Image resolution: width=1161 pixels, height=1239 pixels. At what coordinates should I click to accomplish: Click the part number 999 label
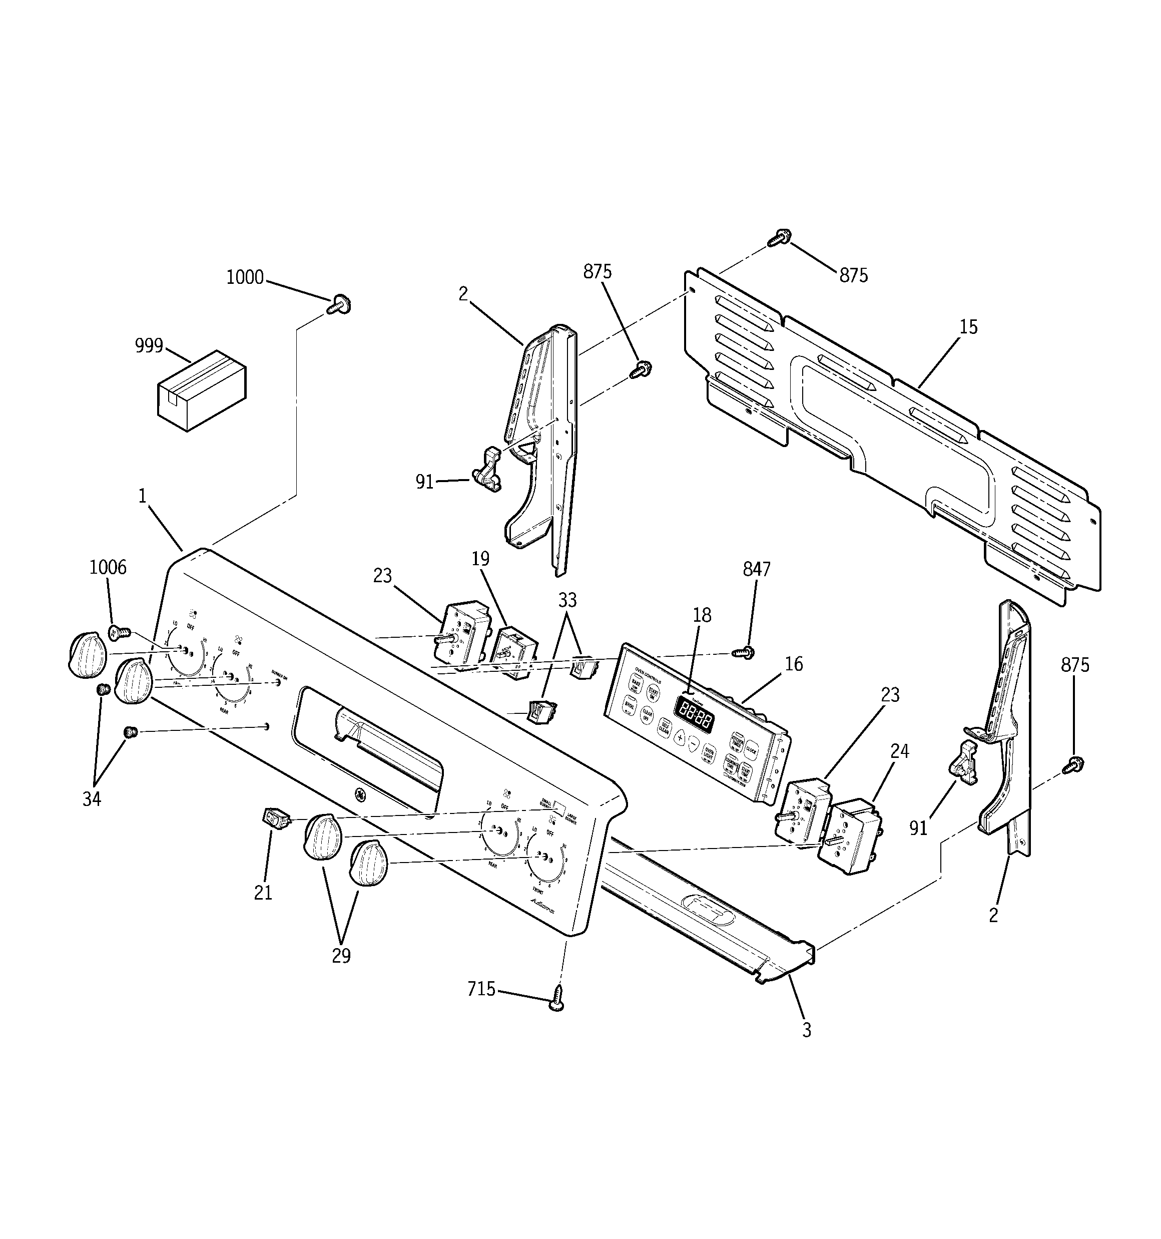(x=149, y=346)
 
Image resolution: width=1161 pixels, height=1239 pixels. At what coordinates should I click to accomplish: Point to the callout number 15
(x=968, y=327)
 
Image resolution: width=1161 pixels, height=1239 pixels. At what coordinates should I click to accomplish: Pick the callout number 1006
(x=108, y=567)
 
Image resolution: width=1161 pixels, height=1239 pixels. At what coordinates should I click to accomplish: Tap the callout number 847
(x=757, y=569)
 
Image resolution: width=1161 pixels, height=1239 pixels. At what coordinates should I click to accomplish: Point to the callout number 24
(x=899, y=751)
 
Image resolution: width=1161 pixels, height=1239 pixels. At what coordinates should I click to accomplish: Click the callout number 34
(x=92, y=799)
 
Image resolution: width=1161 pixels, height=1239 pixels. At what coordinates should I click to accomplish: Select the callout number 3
(x=806, y=1031)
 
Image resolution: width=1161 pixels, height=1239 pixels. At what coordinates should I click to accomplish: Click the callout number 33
(x=567, y=600)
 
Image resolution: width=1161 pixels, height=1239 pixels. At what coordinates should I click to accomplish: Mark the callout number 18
(x=702, y=615)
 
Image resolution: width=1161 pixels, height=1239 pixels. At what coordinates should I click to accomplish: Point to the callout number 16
(x=793, y=664)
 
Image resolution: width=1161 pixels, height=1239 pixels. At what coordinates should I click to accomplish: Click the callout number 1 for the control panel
(x=142, y=496)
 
